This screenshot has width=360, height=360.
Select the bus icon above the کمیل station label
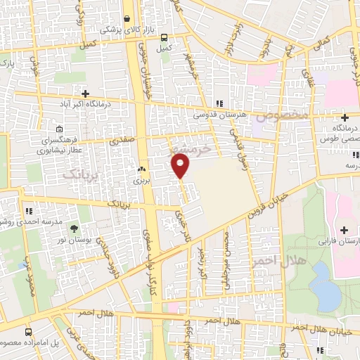(164, 38)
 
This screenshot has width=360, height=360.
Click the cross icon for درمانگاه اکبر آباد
(85, 93)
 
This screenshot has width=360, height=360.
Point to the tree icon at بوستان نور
(74, 229)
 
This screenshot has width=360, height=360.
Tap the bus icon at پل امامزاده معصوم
(27, 331)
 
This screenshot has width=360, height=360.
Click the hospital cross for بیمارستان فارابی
(345, 230)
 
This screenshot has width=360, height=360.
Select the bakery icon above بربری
(141, 169)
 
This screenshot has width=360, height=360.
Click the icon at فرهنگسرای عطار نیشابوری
(59, 129)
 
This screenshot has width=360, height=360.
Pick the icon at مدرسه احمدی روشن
(28, 210)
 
